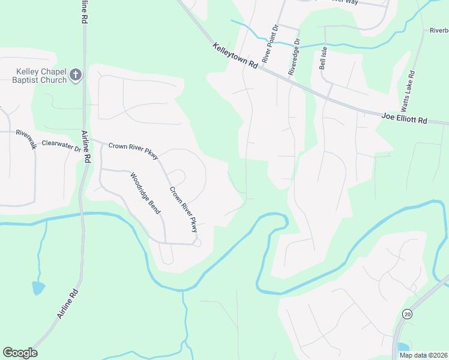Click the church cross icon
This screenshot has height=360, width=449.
pyautogui.click(x=75, y=75)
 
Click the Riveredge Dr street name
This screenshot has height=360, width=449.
pyautogui.click(x=293, y=57)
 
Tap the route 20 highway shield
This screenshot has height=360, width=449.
pyautogui.click(x=408, y=314)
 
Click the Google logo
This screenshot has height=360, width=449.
pyautogui.click(x=20, y=352)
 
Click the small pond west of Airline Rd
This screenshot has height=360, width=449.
pyautogui.click(x=38, y=288)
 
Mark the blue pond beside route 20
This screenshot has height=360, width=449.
pyautogui.click(x=403, y=348)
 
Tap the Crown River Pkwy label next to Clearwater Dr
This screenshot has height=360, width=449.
pyautogui.click(x=133, y=150)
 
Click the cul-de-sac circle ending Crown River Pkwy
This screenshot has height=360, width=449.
pyautogui.click(x=197, y=242)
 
